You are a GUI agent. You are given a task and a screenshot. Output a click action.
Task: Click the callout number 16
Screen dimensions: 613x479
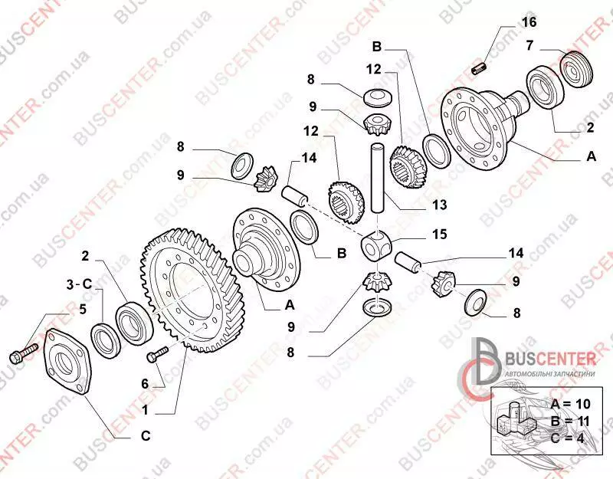point(529,22)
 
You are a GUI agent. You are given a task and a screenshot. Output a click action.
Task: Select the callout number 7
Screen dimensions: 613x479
point(529,45)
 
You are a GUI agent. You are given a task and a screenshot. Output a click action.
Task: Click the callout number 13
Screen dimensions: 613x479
point(439,205)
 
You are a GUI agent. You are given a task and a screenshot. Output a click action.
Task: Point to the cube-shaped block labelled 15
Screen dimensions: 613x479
point(375,245)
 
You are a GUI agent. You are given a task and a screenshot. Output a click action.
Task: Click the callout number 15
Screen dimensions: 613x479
point(439,234)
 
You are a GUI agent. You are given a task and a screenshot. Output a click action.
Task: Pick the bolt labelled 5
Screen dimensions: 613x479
point(24,352)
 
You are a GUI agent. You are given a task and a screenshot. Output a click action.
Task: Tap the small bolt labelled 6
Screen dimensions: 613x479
point(157,354)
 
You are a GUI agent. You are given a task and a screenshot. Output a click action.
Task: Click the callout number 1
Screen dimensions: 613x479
point(146,410)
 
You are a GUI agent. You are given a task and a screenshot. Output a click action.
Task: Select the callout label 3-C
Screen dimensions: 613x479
point(79,284)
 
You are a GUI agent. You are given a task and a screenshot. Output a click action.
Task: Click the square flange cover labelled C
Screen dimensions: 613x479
point(68,362)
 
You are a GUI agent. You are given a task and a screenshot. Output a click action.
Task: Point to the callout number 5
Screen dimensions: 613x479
point(83,309)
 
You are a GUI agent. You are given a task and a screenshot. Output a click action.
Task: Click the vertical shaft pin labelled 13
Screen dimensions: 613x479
point(377,179)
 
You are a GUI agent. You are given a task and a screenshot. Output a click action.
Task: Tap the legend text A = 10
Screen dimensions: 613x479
point(570,404)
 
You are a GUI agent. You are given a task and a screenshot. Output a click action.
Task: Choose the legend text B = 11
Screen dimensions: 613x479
point(570,421)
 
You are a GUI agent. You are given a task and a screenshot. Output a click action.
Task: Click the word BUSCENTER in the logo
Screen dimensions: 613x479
point(551,359)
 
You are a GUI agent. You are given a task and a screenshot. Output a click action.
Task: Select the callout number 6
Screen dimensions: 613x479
point(145,384)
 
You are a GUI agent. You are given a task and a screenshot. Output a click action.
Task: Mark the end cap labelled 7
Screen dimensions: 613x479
point(577,69)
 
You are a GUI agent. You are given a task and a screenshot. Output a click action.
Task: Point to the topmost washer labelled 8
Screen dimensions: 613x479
point(377,97)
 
